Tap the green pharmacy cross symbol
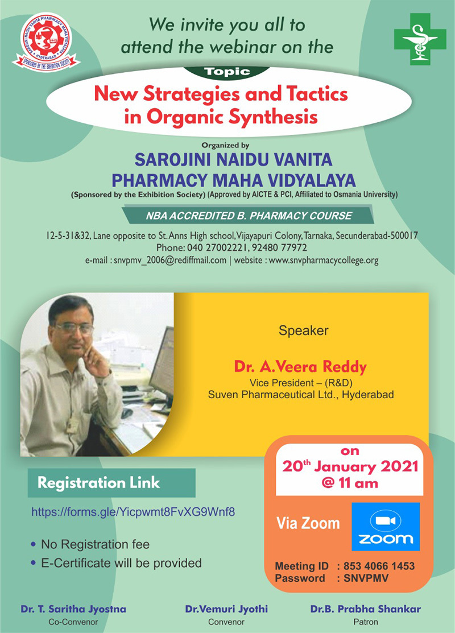(x=420, y=39)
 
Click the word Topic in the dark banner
(x=227, y=72)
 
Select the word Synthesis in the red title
(x=273, y=117)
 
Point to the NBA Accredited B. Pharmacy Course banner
(x=248, y=216)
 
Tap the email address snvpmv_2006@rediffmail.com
(x=169, y=260)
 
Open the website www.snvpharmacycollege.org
(x=324, y=260)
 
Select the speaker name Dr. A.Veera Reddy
(x=300, y=367)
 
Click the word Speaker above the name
(x=304, y=330)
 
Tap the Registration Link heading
(x=98, y=483)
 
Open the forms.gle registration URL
(x=133, y=512)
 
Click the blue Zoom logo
(x=386, y=527)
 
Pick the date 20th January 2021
(x=350, y=467)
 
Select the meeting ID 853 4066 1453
(x=379, y=566)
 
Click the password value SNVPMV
(x=366, y=578)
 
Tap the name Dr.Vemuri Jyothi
(x=226, y=609)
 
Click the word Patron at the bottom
(x=366, y=622)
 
